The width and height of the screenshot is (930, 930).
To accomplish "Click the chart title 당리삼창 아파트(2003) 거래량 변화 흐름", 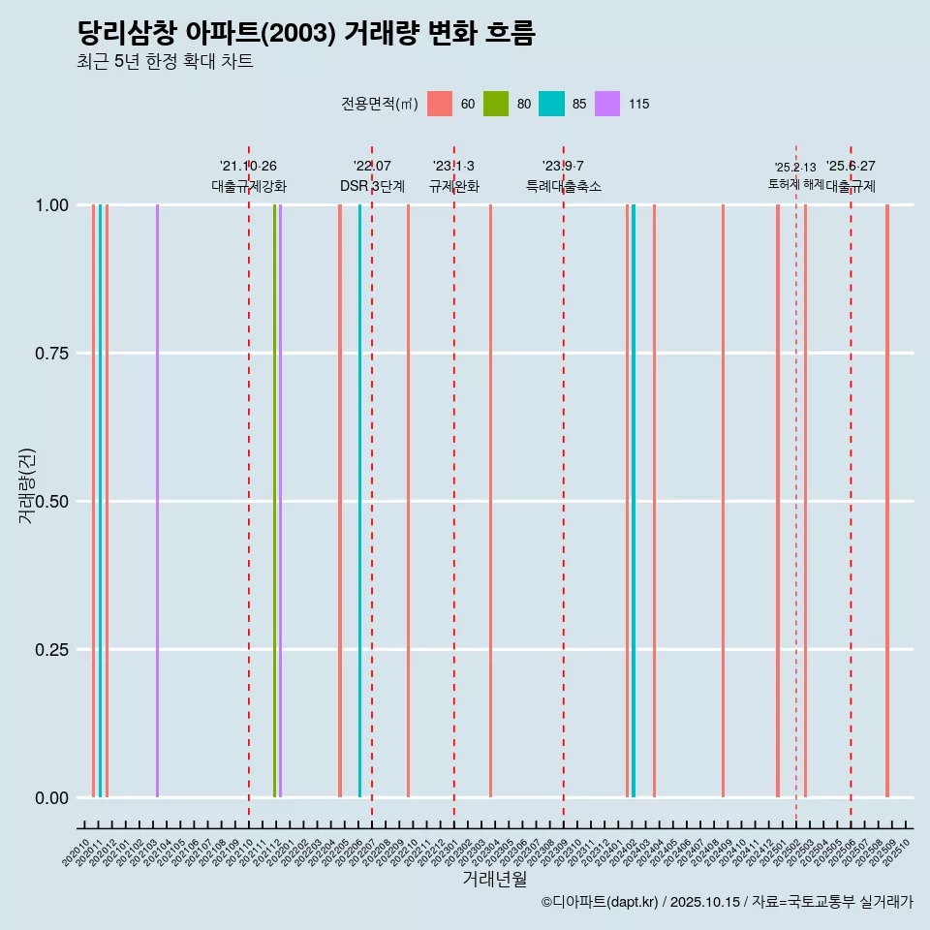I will point(306,33).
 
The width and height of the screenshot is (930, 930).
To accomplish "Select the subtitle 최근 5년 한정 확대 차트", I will point(165,62).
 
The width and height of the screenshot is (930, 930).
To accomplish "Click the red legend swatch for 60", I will point(440,104).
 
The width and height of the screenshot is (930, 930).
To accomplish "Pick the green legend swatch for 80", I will point(496,104).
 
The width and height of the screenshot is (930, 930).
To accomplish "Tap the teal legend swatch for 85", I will point(551,104).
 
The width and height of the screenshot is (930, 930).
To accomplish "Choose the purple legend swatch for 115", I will point(607,104).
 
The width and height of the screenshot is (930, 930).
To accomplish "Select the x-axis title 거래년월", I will point(494,880).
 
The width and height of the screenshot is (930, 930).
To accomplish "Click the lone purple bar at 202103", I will point(157,501).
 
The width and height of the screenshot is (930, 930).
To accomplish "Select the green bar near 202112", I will point(274,501).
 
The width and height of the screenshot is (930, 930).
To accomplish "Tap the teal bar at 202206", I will point(359,501).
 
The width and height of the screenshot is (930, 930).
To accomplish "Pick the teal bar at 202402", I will point(634,501).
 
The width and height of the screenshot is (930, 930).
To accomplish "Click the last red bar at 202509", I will point(886,501).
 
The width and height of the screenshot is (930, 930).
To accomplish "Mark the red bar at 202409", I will point(723,501).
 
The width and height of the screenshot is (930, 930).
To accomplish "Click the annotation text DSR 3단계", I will point(372,186).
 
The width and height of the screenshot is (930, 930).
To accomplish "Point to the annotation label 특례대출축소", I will point(564,186).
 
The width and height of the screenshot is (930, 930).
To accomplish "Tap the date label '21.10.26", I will point(248,167).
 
